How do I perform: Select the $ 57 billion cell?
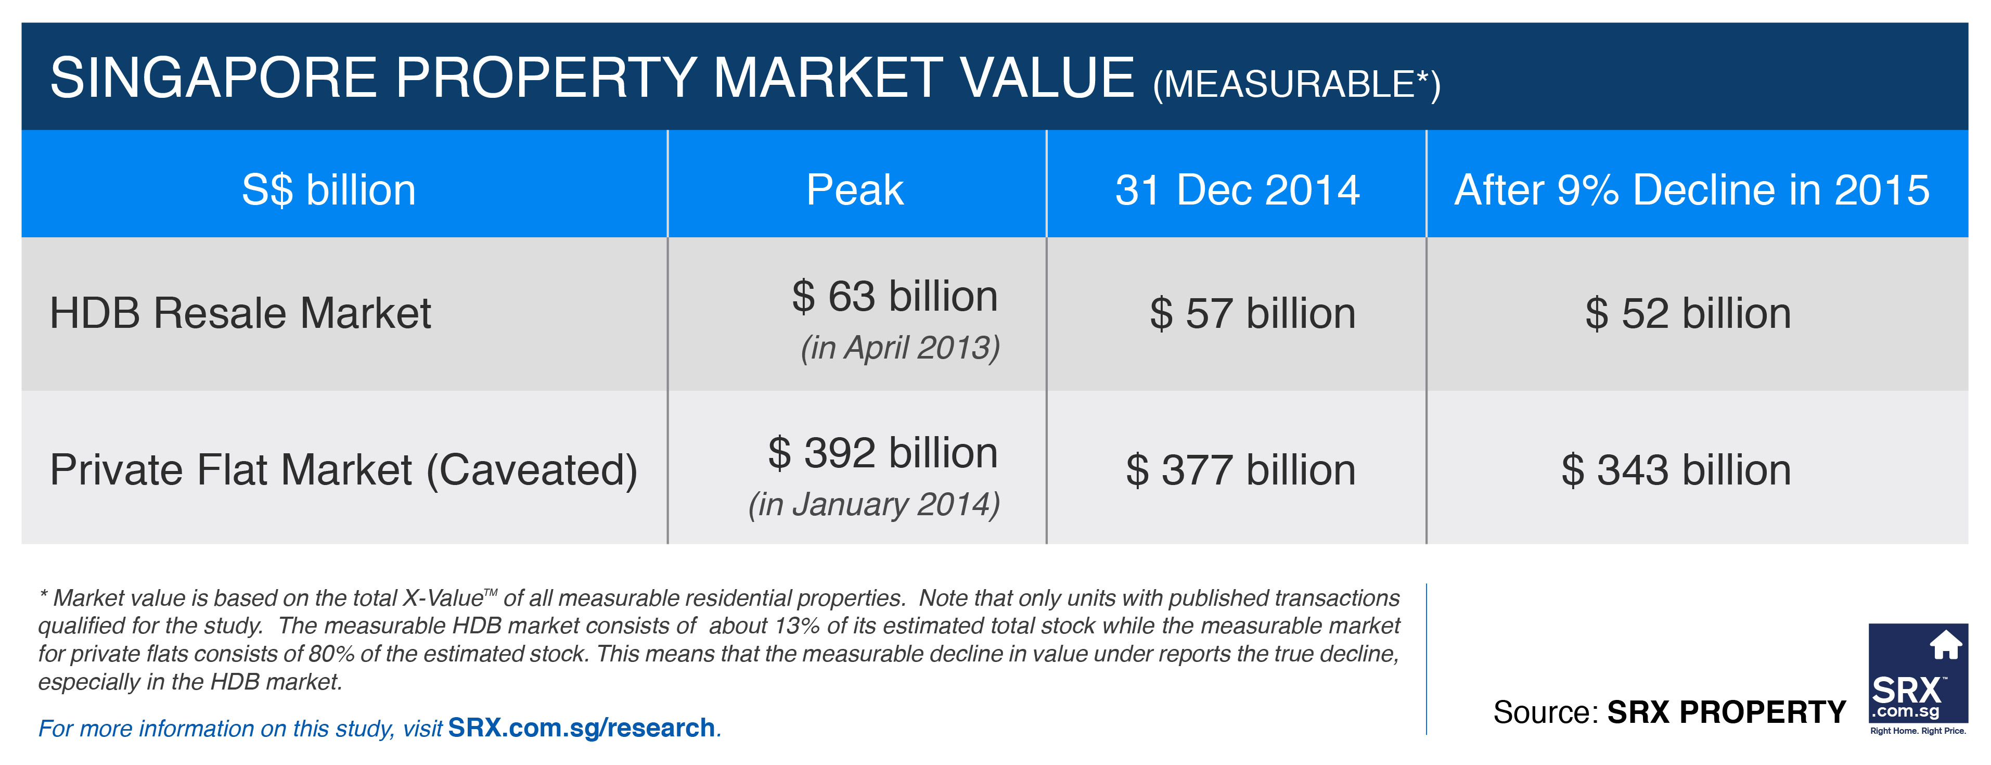pyautogui.click(x=1252, y=313)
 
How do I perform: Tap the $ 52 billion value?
pyautogui.click(x=1688, y=313)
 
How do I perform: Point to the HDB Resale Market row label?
pyautogui.click(x=240, y=313)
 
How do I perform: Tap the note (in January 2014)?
pyautogui.click(x=874, y=504)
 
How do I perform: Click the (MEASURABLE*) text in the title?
pyautogui.click(x=1296, y=84)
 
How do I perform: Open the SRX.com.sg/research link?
pyautogui.click(x=581, y=728)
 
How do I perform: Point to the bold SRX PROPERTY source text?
pyautogui.click(x=1726, y=711)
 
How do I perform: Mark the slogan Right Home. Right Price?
pyautogui.click(x=1918, y=731)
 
